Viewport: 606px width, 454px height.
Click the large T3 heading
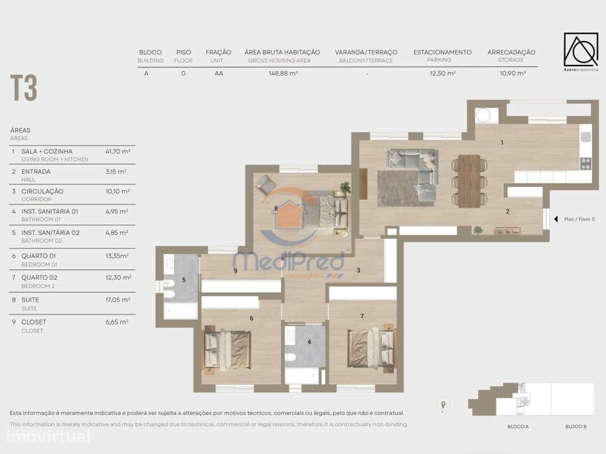click(24, 89)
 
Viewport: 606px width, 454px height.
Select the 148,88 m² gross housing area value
click(282, 74)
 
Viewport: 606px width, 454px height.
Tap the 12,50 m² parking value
click(442, 74)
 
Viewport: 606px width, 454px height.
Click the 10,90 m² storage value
click(511, 74)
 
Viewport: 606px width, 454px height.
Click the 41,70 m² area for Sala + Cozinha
click(117, 151)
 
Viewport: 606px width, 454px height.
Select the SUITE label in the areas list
click(30, 300)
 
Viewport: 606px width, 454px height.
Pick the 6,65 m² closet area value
click(117, 322)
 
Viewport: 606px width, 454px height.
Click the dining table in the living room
click(469, 181)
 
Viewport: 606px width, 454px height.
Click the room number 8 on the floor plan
click(276, 208)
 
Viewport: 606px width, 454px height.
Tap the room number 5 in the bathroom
click(183, 280)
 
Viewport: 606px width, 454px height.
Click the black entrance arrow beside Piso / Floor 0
click(555, 219)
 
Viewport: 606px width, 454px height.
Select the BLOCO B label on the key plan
click(575, 427)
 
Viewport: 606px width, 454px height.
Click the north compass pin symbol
click(443, 405)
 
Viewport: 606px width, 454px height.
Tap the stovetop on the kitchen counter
click(585, 163)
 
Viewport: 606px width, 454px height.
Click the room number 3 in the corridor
click(358, 270)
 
